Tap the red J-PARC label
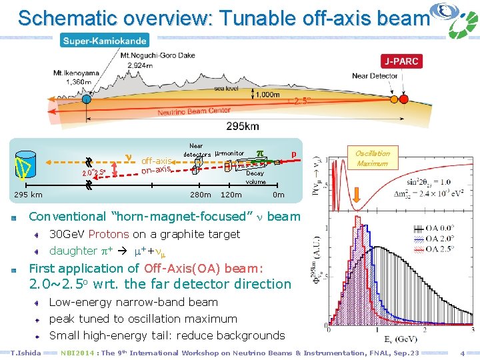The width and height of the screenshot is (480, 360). point(401,61)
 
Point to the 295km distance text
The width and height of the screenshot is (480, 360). point(243,126)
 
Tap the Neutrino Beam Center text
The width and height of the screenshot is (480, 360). point(194,111)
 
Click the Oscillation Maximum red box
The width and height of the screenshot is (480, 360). point(372,158)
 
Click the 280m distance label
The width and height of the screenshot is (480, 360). point(200,195)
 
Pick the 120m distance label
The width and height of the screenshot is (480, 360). point(231,195)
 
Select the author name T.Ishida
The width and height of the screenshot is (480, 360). point(26,353)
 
